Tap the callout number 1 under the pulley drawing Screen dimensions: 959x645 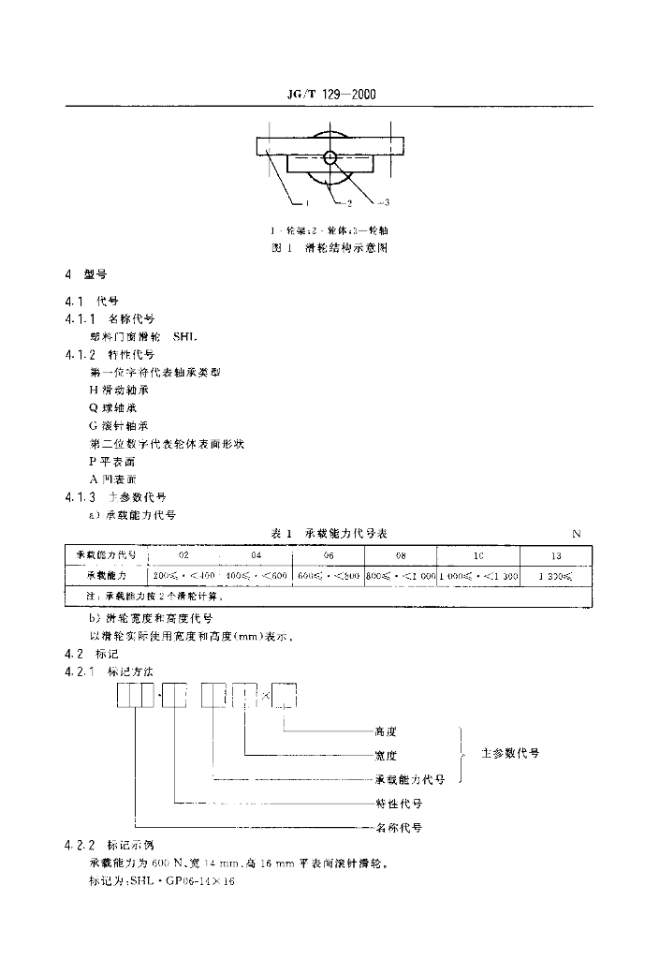coord(306,201)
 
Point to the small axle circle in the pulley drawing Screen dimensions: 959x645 coord(330,157)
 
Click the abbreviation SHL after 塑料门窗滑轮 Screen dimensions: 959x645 coord(186,336)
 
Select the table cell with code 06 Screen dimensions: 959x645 coord(329,555)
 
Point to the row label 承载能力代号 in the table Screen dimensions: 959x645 coord(106,555)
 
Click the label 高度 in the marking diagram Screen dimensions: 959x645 coord(386,732)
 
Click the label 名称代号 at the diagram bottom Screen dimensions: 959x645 coord(398,828)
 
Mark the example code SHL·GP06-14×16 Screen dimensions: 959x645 coord(169,881)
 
